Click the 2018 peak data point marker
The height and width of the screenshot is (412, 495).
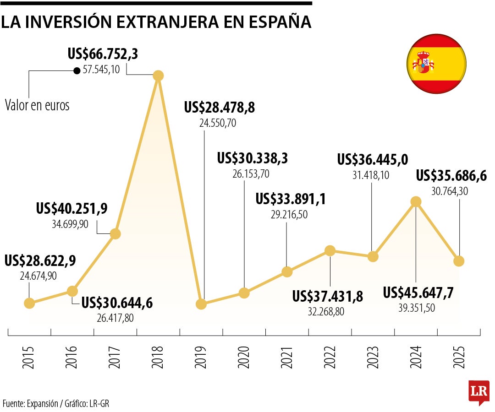tap(158, 76)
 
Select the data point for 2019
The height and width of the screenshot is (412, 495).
tap(201, 304)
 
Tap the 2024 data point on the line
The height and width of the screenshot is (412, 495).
tap(416, 201)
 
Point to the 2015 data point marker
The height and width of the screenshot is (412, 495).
tap(29, 303)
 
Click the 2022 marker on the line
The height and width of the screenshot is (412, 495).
tap(330, 250)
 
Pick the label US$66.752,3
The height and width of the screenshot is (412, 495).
tap(103, 54)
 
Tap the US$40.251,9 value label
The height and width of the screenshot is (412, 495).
tap(71, 208)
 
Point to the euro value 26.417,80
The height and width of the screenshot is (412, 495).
tap(115, 318)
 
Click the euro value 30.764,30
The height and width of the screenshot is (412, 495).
tap(449, 192)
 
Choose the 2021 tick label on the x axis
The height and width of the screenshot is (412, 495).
tap(287, 358)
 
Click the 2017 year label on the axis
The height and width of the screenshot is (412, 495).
tap(115, 358)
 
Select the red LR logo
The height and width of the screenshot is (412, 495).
tap(479, 392)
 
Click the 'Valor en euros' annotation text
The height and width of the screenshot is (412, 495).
tap(37, 105)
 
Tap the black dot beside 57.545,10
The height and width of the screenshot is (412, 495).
tap(77, 71)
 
